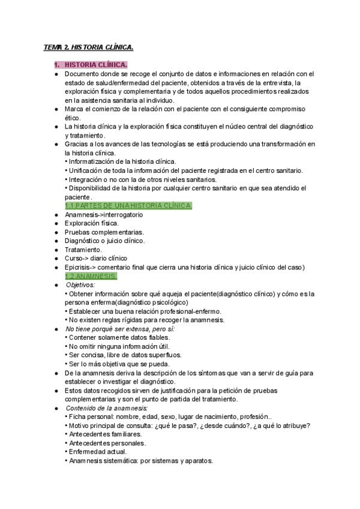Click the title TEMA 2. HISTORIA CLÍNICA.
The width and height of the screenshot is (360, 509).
(88, 47)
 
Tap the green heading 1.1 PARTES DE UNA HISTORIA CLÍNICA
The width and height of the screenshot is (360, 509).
(128, 206)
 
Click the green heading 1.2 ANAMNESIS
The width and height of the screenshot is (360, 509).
(91, 276)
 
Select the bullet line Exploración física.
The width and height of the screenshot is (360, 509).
(92, 223)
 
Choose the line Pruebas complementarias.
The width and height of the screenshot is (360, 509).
(100, 232)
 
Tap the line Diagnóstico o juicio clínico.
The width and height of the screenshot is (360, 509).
(104, 241)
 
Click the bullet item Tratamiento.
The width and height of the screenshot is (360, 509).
(83, 250)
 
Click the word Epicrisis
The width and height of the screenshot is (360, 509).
(79, 267)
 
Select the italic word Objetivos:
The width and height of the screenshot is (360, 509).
(81, 285)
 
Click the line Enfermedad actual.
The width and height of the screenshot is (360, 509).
(97, 451)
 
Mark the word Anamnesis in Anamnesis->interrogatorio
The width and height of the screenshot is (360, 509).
(81, 215)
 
